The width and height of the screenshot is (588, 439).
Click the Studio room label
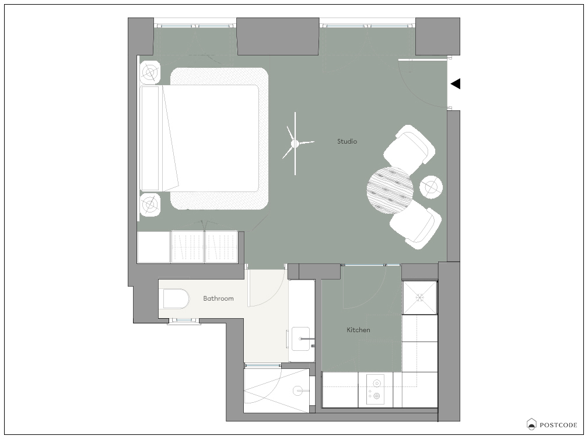(x=347, y=141)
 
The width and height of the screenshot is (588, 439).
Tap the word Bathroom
(x=218, y=298)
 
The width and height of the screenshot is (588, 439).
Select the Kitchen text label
(x=358, y=330)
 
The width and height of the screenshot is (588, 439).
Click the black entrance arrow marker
(x=455, y=83)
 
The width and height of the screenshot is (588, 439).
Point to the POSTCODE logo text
(x=558, y=425)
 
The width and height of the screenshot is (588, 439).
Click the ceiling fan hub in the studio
(x=295, y=144)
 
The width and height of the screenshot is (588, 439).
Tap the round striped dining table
(x=390, y=190)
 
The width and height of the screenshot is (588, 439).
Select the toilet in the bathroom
(x=176, y=299)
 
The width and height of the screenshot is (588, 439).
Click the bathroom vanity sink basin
(x=301, y=339)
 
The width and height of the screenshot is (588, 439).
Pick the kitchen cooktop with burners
(x=376, y=389)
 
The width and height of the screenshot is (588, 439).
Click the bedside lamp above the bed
(x=150, y=72)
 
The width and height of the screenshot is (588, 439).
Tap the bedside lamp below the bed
(x=150, y=204)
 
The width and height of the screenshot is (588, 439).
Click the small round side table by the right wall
(x=431, y=187)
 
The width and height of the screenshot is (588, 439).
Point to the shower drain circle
(x=298, y=391)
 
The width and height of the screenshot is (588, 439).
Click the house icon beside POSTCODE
(x=531, y=424)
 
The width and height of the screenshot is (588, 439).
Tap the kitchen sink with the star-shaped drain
(x=419, y=298)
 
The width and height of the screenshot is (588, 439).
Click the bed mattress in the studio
(x=211, y=138)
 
